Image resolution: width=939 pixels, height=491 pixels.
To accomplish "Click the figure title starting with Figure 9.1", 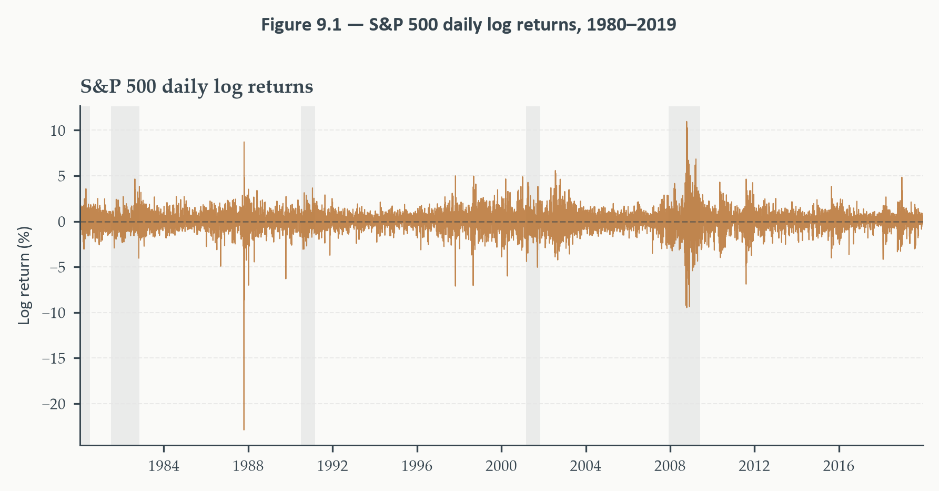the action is click(x=469, y=25).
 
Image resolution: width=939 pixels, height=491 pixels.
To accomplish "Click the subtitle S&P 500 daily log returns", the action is click(x=197, y=86).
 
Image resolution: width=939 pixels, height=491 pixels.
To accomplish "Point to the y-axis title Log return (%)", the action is click(x=24, y=275).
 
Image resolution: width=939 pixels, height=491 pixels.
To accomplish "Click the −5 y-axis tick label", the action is click(x=57, y=267).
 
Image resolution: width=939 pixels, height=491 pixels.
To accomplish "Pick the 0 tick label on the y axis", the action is click(x=62, y=222).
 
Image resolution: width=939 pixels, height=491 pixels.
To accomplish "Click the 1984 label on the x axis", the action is click(x=164, y=466).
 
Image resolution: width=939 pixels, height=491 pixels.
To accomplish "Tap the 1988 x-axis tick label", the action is click(x=248, y=466).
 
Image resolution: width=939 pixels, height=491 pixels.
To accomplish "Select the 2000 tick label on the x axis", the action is click(x=501, y=466).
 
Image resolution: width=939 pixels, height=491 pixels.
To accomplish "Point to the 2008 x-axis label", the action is click(x=670, y=466).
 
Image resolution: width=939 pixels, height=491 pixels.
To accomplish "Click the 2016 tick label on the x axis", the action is click(x=839, y=466).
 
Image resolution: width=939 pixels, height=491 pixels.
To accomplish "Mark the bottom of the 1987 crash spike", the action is click(x=244, y=430).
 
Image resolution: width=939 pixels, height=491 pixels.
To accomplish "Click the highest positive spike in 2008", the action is click(x=686, y=122).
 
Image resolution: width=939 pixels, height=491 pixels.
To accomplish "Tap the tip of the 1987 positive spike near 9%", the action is click(x=244, y=142).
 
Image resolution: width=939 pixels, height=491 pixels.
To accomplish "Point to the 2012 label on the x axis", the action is click(x=754, y=466).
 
